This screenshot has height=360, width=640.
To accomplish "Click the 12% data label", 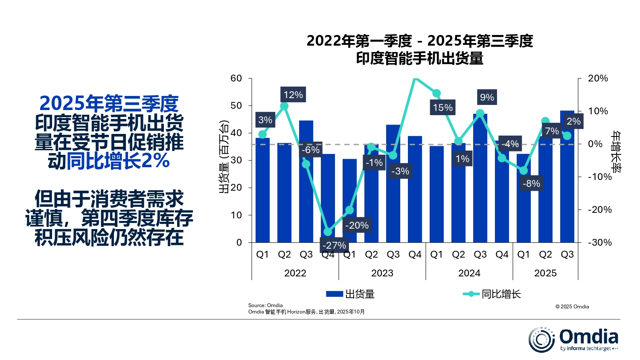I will coord(293,95).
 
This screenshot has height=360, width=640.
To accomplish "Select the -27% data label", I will coord(334,245).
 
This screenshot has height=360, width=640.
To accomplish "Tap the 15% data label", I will coord(442,107).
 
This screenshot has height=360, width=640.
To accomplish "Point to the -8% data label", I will coord(531,183).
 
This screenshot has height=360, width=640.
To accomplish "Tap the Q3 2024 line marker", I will coord(480,113).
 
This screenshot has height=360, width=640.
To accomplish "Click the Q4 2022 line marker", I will coord(328,232).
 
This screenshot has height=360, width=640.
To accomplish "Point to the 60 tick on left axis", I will coord(236,78).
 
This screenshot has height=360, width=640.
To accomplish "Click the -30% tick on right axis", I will coord(600,242).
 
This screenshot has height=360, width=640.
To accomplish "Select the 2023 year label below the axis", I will coord(382,273).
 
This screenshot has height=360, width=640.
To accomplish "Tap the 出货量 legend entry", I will coord(350,294).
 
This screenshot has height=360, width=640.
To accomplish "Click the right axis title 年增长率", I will coord(616,151).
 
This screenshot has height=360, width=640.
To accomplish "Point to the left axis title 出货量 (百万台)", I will coord(224,157).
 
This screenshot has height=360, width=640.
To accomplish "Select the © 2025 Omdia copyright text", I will coord(572,306).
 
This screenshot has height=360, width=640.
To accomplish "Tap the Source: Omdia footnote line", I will coord(265,305).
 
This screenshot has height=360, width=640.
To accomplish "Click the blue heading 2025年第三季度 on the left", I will coord(109,104).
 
